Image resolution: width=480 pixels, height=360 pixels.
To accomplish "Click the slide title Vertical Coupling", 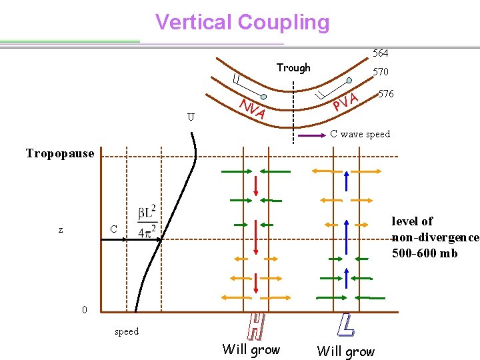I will pyautogui.click(x=242, y=22).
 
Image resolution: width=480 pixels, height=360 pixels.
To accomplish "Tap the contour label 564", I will pyautogui.click(x=381, y=53).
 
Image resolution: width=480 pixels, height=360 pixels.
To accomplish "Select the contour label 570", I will pyautogui.click(x=381, y=71).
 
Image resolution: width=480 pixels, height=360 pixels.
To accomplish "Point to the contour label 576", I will pyautogui.click(x=386, y=94).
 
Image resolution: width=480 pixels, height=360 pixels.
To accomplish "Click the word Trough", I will pyautogui.click(x=293, y=67).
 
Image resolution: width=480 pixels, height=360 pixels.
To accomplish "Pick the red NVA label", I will pyautogui.click(x=253, y=109).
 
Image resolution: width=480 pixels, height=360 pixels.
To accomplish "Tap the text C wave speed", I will pyautogui.click(x=360, y=134).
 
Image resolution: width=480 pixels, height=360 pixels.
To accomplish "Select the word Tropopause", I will pyautogui.click(x=60, y=153).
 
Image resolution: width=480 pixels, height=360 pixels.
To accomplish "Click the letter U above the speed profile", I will pyautogui.click(x=191, y=117).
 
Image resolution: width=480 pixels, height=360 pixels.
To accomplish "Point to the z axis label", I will pyautogui.click(x=61, y=229).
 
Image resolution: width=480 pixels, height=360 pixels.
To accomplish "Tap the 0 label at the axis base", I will pyautogui.click(x=84, y=310).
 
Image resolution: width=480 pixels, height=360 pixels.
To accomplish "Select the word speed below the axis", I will pyautogui.click(x=127, y=331).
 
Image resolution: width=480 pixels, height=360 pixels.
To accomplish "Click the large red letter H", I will pyautogui.click(x=255, y=326).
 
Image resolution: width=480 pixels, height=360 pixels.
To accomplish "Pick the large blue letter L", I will pyautogui.click(x=345, y=325).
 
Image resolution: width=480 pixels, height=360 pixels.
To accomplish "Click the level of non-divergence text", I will pyautogui.click(x=435, y=237).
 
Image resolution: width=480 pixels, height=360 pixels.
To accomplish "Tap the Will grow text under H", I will pyautogui.click(x=251, y=349).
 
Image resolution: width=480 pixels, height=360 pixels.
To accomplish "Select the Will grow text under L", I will pyautogui.click(x=345, y=351).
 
